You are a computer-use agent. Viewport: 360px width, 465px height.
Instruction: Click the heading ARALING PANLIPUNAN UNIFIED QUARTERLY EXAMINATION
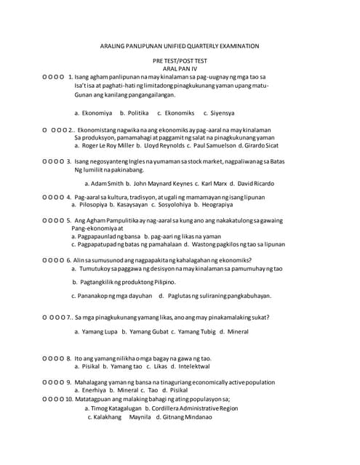(x=179, y=46)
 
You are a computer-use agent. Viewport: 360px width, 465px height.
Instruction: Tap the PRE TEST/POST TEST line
(x=180, y=60)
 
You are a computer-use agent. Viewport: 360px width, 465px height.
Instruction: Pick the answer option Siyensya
(x=220, y=113)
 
